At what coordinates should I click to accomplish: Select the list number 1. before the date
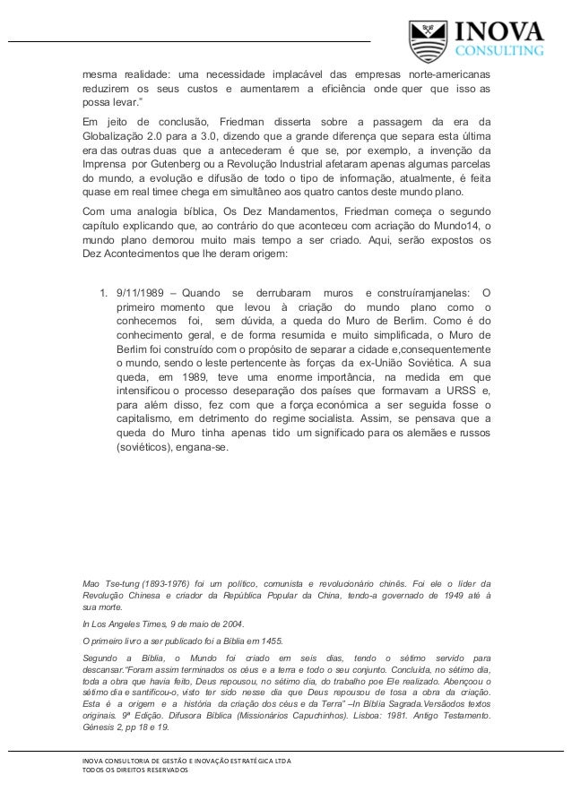[x=103, y=292]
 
